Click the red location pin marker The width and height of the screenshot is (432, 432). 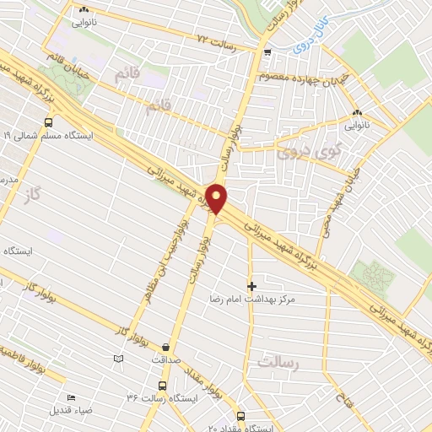click(x=218, y=199)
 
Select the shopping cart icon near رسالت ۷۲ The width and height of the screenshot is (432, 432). click(x=267, y=53)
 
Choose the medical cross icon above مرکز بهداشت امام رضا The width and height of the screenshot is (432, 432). click(x=251, y=286)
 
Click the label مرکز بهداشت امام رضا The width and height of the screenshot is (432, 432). click(x=256, y=300)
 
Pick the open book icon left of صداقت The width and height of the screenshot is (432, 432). click(x=117, y=360)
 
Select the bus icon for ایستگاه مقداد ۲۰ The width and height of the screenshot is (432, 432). click(x=241, y=416)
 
